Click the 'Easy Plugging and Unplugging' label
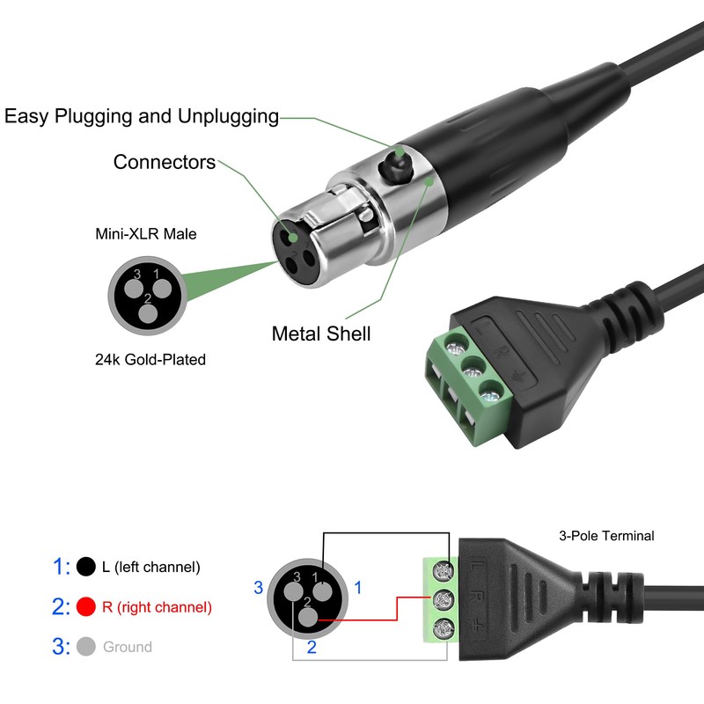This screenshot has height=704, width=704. [x=142, y=116]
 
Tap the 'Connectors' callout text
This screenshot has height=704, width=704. [x=165, y=163]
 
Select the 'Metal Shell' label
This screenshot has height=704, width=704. [x=321, y=334]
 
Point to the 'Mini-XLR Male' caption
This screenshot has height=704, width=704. [x=146, y=234]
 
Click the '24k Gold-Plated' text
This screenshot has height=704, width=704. [x=150, y=359]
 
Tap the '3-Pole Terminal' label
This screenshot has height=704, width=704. [x=606, y=535]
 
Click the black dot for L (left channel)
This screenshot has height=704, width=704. [x=86, y=567]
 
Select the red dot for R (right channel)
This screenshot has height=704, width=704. [x=86, y=607]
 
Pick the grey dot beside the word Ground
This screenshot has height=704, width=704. [x=86, y=647]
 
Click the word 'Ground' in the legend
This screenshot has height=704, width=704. [x=128, y=647]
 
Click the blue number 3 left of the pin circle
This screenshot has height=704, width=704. [x=259, y=587]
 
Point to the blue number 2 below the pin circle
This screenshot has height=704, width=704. [x=312, y=648]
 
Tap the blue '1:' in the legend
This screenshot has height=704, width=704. [x=62, y=567]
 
